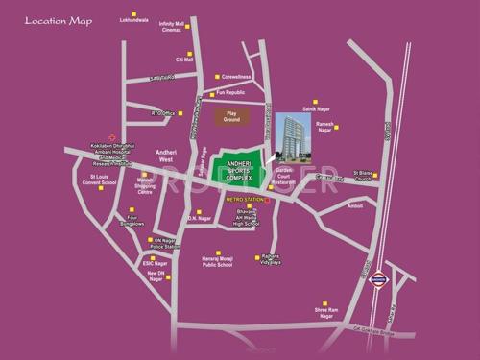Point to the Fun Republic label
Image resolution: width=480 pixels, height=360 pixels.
pos(231,93)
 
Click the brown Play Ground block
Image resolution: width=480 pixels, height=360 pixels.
pos(229,116)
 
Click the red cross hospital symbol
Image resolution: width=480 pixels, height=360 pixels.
pos(114,136)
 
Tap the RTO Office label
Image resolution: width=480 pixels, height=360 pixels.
pos(161,113)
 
